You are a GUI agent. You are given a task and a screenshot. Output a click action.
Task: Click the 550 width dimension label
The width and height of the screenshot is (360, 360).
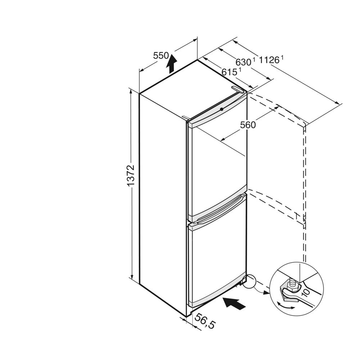pos(161,55)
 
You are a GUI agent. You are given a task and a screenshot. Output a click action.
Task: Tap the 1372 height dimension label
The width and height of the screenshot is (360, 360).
pos(130,175)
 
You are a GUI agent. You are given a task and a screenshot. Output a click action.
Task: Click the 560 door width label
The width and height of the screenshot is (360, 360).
pos(248,125)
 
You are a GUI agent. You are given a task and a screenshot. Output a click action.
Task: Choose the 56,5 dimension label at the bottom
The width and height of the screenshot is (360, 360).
pos(205,321)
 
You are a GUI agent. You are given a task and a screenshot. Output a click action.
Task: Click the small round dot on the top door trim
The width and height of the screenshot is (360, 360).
pos(221,109)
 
